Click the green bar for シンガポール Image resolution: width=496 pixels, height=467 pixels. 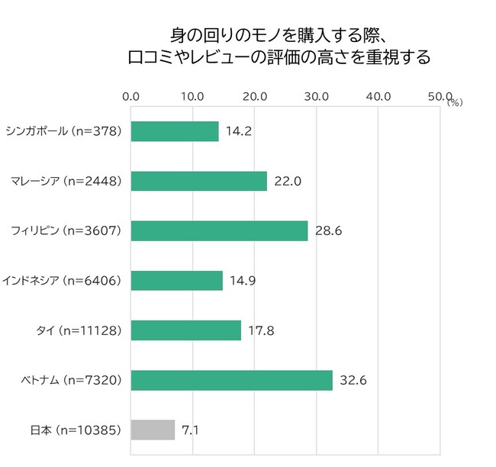tap(175, 131)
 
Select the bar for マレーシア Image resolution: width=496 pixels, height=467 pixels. tap(199, 181)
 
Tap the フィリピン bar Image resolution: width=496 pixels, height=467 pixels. tap(219, 230)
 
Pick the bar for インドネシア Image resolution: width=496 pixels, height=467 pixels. tap(177, 281)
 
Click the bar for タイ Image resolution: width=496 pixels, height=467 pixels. tap(186, 330)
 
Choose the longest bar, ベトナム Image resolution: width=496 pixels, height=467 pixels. tap(232, 380)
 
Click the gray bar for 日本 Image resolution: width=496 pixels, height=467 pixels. tap(153, 430)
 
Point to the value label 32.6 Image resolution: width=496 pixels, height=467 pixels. tap(352, 380)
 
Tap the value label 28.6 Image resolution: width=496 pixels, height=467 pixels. tap(327, 230)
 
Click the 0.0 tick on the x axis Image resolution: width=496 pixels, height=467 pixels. tap(130, 96)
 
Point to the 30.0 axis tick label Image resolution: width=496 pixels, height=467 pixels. tap(316, 96)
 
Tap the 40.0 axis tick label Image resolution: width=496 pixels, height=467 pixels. tap(378, 96)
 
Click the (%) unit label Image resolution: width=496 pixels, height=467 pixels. tap(455, 101)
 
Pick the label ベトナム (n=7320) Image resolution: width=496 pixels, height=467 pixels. tap(70, 380)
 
